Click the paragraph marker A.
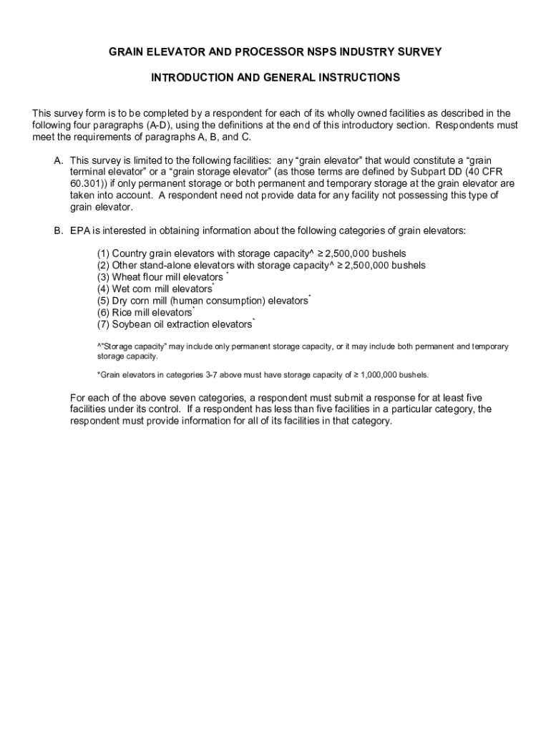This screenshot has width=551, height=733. (x=58, y=161)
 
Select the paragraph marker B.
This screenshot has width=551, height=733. (x=58, y=230)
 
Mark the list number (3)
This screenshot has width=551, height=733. (x=104, y=277)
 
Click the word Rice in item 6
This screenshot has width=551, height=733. (x=123, y=313)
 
